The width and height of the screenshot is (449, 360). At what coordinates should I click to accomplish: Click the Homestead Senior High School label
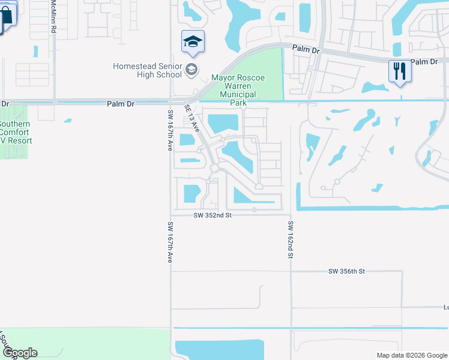click(148, 70)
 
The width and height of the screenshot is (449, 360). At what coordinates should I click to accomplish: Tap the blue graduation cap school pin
click(193, 42)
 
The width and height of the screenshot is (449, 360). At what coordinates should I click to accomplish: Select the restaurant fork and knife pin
click(399, 71)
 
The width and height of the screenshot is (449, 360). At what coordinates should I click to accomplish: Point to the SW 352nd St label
click(212, 215)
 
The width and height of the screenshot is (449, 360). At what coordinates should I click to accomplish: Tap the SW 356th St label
click(346, 272)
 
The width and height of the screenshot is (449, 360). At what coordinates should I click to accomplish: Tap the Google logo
click(19, 353)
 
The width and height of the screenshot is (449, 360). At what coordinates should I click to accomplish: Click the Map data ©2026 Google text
click(411, 355)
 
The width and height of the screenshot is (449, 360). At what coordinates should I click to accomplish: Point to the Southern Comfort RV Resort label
click(14, 132)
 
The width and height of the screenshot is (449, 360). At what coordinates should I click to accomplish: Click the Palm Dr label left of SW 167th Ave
click(120, 104)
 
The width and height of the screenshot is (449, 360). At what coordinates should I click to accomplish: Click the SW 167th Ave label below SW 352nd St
click(169, 242)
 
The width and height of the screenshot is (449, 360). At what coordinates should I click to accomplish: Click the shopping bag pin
click(6, 16)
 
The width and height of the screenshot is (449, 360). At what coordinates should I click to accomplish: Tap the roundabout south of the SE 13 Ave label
click(214, 168)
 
